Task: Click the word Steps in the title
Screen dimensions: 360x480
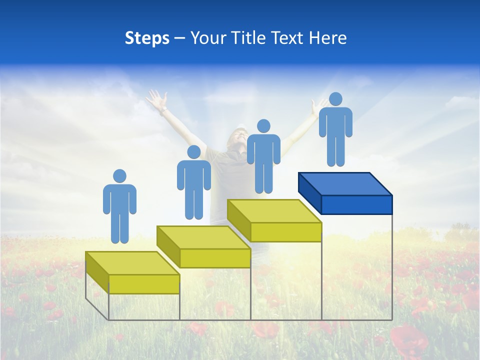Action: pos(147,38)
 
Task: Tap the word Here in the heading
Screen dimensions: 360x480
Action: pos(328,38)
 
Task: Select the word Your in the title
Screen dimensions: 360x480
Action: pos(208,38)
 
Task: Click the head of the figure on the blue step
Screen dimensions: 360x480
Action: pos(335,99)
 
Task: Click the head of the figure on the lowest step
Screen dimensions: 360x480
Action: pos(119,176)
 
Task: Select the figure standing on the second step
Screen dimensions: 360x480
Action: pos(193,185)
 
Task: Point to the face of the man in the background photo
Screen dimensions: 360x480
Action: pos(238,137)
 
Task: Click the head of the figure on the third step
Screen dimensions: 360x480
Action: pos(263,126)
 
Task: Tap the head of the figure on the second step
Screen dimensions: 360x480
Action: pos(193,152)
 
